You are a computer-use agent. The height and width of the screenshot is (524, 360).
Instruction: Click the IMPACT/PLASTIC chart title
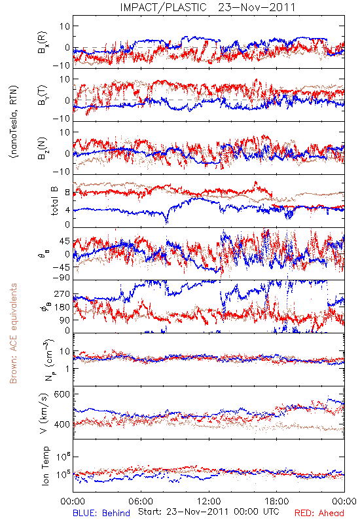(x=163, y=7)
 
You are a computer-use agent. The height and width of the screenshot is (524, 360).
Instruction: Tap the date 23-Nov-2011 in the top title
(x=257, y=7)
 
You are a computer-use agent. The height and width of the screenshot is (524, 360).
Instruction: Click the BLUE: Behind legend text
(x=101, y=513)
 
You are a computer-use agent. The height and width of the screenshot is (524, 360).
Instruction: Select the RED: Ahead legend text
(x=319, y=513)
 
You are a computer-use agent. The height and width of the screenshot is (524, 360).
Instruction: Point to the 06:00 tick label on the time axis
(x=141, y=501)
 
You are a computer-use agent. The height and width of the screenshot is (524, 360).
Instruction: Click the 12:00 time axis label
(x=209, y=501)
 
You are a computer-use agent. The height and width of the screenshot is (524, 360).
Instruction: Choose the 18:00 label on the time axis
(x=277, y=501)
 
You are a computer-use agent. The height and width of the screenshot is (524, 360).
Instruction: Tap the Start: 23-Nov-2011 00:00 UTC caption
(x=209, y=512)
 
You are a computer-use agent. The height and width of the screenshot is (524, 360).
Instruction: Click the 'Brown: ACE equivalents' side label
(x=13, y=333)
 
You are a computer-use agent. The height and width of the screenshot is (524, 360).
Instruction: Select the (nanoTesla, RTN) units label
(x=14, y=122)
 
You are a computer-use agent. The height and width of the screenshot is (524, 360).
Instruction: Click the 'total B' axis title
(x=54, y=201)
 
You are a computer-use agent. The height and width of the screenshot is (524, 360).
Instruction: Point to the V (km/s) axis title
(x=45, y=414)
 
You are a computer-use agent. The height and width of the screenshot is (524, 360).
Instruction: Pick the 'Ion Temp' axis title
(x=45, y=466)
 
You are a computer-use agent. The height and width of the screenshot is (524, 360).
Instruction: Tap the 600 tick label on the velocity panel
(x=62, y=394)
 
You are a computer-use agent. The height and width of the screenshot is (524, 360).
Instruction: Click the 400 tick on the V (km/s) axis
(x=62, y=424)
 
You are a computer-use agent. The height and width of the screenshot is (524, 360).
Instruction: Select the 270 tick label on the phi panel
(x=62, y=294)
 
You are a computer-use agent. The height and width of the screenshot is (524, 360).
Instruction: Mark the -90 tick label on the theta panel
(x=61, y=278)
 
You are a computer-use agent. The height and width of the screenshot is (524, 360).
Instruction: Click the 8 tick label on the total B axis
(x=67, y=193)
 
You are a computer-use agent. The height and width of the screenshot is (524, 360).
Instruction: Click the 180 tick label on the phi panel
(x=62, y=307)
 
